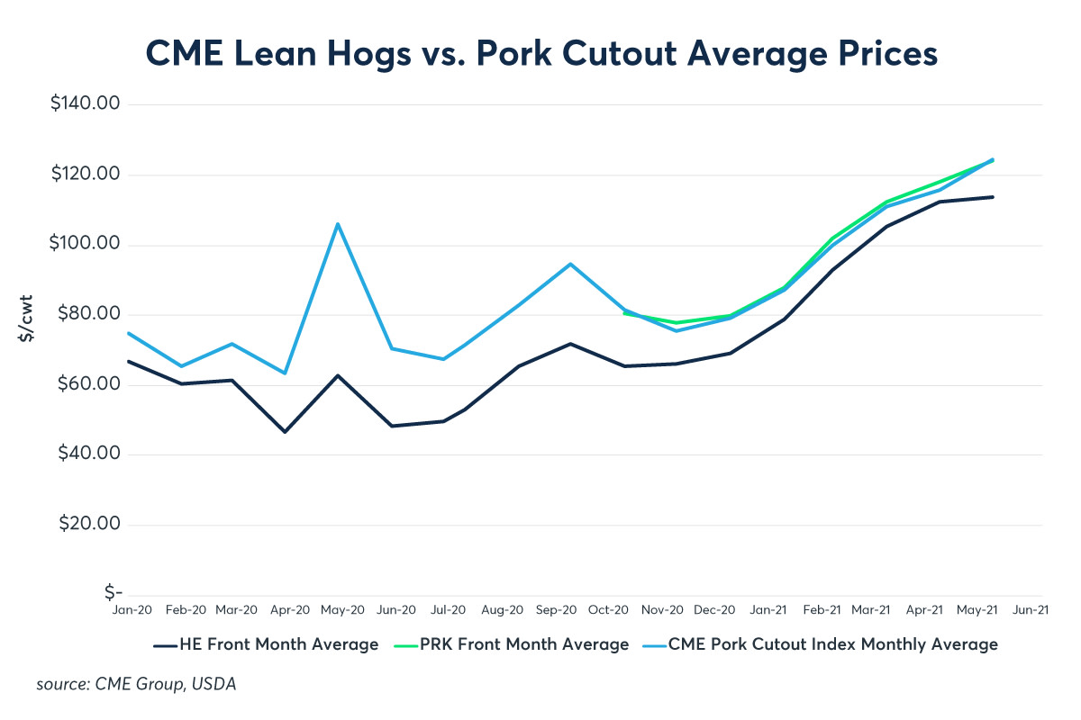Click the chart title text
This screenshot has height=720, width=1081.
[540, 53]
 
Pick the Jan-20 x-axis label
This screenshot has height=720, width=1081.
[132, 610]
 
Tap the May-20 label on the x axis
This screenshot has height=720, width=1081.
[343, 610]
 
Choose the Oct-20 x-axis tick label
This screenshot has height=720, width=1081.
[608, 610]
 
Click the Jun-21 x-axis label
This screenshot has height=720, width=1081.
[1029, 610]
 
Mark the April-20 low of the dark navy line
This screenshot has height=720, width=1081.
[286, 432]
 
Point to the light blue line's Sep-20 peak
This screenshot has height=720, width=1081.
[570, 264]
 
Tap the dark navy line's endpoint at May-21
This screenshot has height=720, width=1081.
[993, 196]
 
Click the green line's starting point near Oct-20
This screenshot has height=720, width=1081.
[623, 312]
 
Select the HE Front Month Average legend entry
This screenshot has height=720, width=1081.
[266, 644]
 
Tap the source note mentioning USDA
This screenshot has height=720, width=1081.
[136, 685]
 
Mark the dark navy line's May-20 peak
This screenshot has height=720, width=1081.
[338, 375]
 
